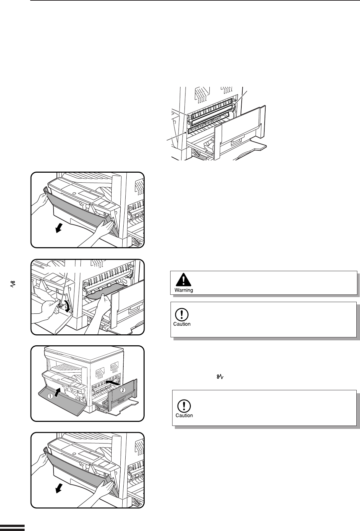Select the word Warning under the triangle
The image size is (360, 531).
[184, 290]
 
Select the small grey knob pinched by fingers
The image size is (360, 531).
[60, 303]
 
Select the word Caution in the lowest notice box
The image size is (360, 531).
[184, 415]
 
